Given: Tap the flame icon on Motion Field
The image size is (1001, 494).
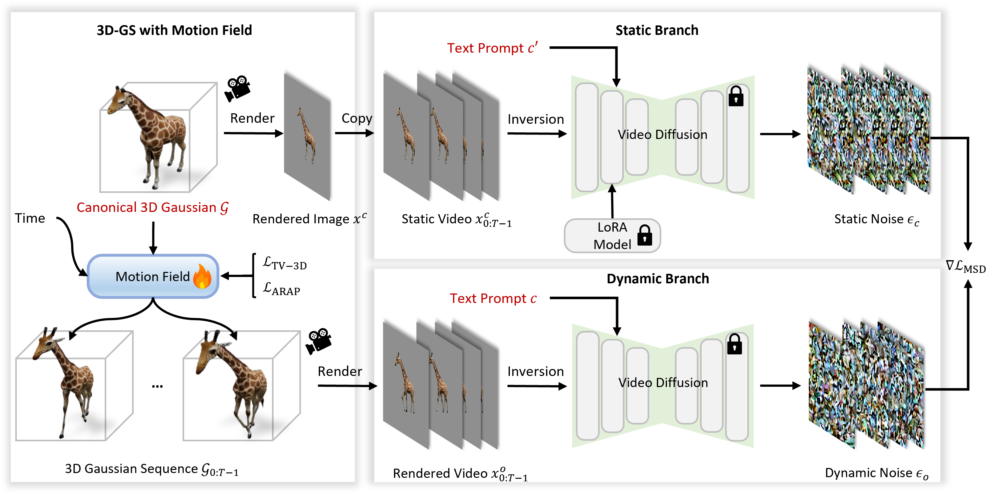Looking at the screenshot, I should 202,277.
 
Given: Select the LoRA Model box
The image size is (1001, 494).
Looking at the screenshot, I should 612,236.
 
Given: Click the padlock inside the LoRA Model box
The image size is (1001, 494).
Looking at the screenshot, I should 645,235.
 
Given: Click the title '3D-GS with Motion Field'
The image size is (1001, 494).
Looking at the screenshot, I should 174,30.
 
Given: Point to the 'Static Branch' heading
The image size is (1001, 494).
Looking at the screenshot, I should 657,30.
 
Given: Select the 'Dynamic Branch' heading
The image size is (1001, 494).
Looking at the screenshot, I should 657,279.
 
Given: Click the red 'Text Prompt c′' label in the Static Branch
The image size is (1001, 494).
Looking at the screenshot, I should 492,48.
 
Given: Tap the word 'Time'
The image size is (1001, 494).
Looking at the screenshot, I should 30,218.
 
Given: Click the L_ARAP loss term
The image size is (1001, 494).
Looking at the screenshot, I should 281,289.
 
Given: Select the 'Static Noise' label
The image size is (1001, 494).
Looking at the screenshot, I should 876,220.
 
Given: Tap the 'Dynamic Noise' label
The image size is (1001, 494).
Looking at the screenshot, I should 876,473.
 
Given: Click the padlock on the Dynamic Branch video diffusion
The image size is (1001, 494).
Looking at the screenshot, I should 734,344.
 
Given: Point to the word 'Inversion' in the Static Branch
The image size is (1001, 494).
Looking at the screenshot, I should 536,119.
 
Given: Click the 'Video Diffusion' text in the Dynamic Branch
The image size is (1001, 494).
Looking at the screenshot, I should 663,383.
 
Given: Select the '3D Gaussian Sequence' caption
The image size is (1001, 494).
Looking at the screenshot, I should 151,469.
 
